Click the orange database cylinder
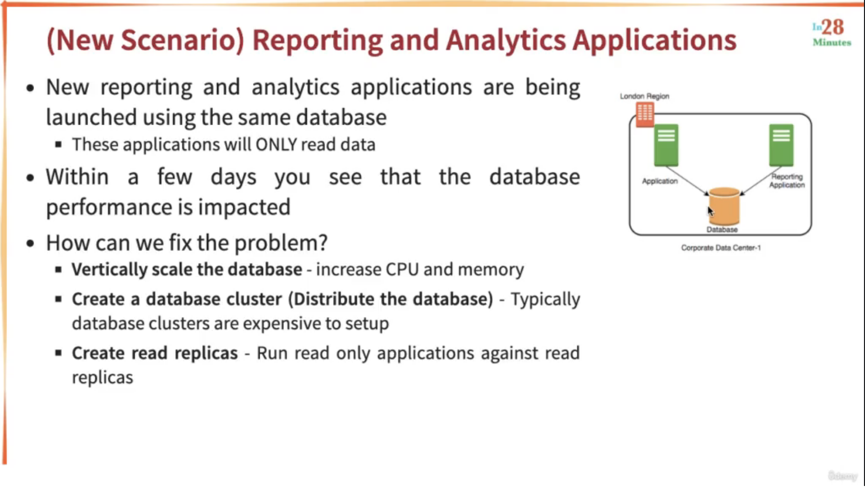point(724,206)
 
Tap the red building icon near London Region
point(645,115)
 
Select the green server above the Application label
point(666,145)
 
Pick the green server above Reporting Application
point(781,145)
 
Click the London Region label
point(644,96)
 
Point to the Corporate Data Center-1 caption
point(721,248)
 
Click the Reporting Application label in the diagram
point(787,181)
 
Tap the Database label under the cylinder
point(722,229)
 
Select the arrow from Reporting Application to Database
point(760,181)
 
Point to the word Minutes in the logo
point(832,42)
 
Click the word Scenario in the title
point(182,40)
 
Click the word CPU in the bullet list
point(402,269)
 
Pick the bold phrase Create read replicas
point(155,353)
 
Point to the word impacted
point(244,207)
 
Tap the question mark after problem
point(323,242)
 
